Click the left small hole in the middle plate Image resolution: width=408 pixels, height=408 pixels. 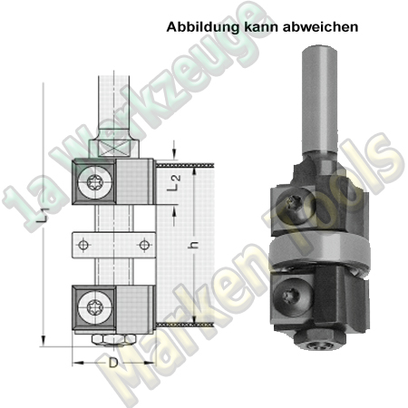click(x=83, y=246)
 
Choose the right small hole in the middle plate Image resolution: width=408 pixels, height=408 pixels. click(x=141, y=246)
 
